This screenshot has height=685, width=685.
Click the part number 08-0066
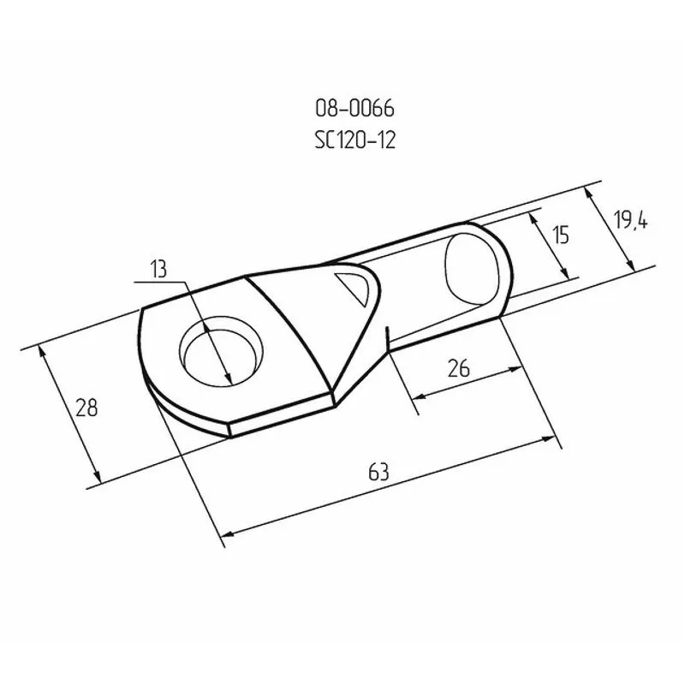354,109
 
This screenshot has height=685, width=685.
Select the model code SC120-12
354,140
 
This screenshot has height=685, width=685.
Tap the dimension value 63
378,471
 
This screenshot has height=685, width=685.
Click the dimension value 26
459,368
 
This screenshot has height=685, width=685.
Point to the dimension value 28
86,408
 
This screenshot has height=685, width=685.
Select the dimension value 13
158,270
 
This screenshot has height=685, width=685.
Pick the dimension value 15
560,235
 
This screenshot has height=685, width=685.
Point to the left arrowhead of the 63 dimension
226,536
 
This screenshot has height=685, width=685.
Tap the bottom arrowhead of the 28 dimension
98,479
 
